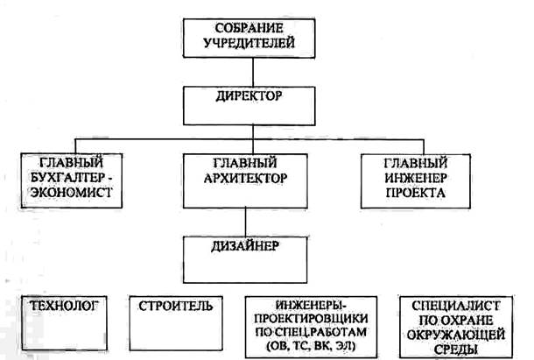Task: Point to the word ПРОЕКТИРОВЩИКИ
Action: pyautogui.click(x=318, y=321)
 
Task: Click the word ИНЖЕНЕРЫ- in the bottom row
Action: pyautogui.click(x=318, y=307)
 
